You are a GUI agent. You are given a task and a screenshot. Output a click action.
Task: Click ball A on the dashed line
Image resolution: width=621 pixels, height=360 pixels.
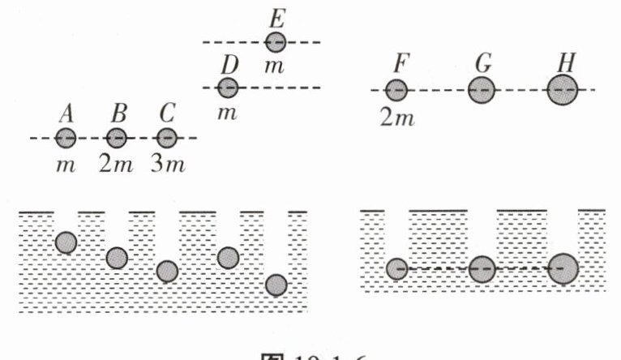66,138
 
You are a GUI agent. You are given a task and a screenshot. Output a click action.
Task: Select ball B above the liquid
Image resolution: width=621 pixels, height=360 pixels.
117,138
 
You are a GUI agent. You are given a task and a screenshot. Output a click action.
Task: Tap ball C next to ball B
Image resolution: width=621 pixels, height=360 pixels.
166,138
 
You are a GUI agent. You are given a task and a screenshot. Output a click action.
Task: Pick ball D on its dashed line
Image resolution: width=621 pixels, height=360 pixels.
228,87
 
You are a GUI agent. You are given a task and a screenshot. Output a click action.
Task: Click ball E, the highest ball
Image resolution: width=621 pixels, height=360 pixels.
276,41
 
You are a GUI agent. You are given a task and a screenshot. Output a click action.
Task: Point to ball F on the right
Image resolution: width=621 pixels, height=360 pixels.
396,90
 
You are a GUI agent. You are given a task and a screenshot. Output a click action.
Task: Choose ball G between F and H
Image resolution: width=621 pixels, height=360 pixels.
481,89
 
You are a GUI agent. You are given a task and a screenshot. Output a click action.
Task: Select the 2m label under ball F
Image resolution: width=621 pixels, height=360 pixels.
397,118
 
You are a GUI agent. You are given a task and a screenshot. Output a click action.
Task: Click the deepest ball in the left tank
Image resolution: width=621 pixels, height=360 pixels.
276,285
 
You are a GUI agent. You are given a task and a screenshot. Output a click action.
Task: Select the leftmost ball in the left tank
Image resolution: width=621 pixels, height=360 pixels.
66,242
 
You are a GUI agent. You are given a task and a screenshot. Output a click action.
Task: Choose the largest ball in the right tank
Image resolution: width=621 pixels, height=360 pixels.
563,268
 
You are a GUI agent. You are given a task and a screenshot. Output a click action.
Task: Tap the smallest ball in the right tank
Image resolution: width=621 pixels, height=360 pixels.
396,268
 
